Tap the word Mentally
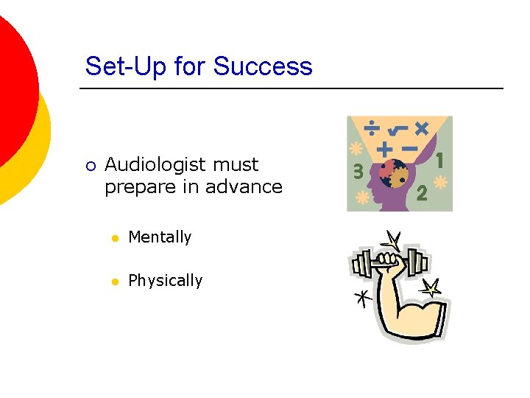tap(160, 237)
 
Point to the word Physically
tap(165, 281)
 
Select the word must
tap(235, 164)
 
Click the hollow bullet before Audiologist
tap(89, 166)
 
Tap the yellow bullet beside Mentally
tap(113, 238)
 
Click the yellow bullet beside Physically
tap(113, 282)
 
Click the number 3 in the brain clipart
tap(358, 171)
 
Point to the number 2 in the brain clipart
tap(422, 193)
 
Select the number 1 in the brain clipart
tap(440, 158)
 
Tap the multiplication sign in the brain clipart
tap(422, 128)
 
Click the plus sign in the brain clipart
tap(384, 148)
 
